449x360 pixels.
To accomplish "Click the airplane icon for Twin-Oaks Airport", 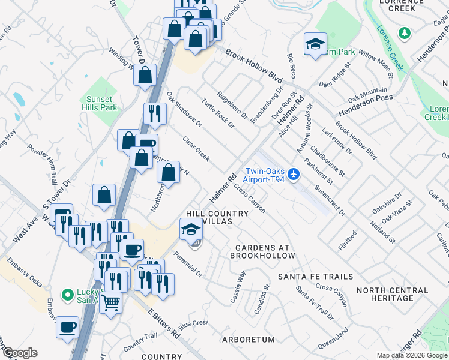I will pyautogui.click(x=293, y=174).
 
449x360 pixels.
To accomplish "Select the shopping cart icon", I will pyautogui.click(x=110, y=303).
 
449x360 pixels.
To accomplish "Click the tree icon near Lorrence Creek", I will pyautogui.click(x=405, y=32).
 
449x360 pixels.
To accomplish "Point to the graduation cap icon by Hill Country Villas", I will pyautogui.click(x=190, y=229).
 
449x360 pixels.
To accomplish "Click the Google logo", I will pyautogui.click(x=20, y=353).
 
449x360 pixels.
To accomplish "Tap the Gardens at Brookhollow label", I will pyautogui.click(x=262, y=251).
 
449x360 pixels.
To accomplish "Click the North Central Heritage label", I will pyautogui.click(x=393, y=294).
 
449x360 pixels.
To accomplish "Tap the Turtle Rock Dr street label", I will pyautogui.click(x=217, y=112).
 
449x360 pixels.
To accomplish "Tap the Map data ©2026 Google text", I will pyautogui.click(x=411, y=355).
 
